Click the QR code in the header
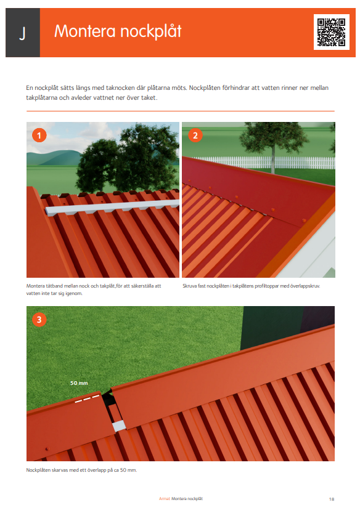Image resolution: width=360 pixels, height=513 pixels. point(332,32)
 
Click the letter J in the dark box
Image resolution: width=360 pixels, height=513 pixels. point(22,33)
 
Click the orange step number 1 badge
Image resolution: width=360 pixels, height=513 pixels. point(39,135)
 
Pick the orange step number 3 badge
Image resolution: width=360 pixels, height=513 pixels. point(39,319)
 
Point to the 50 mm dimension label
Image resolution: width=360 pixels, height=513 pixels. point(78,382)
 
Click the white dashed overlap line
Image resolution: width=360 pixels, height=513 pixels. point(88,397)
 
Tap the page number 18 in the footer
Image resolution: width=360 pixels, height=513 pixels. point(332,498)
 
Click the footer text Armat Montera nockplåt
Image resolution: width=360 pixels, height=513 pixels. point(181,498)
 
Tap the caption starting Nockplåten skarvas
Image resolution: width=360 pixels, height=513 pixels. point(81,470)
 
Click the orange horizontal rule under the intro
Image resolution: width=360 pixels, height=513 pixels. point(180,111)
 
